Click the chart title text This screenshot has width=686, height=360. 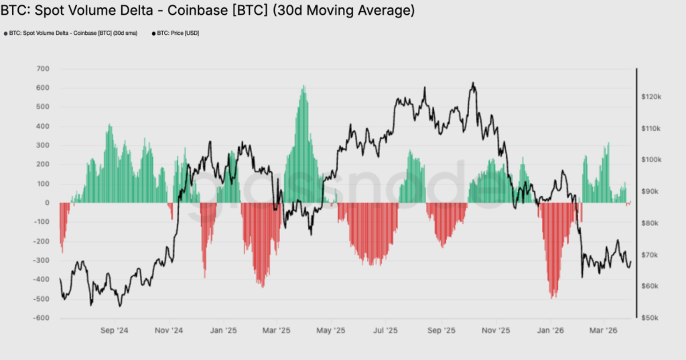coord(207,11)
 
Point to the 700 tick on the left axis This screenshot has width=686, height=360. coord(43,69)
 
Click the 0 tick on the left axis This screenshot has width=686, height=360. coord(48,203)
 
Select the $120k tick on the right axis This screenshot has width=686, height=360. coord(651,97)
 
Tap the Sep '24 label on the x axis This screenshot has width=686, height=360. coord(115,331)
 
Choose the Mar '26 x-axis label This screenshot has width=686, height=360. coord(603,331)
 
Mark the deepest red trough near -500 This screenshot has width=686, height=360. coord(553,297)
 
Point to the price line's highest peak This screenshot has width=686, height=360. coord(473,83)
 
